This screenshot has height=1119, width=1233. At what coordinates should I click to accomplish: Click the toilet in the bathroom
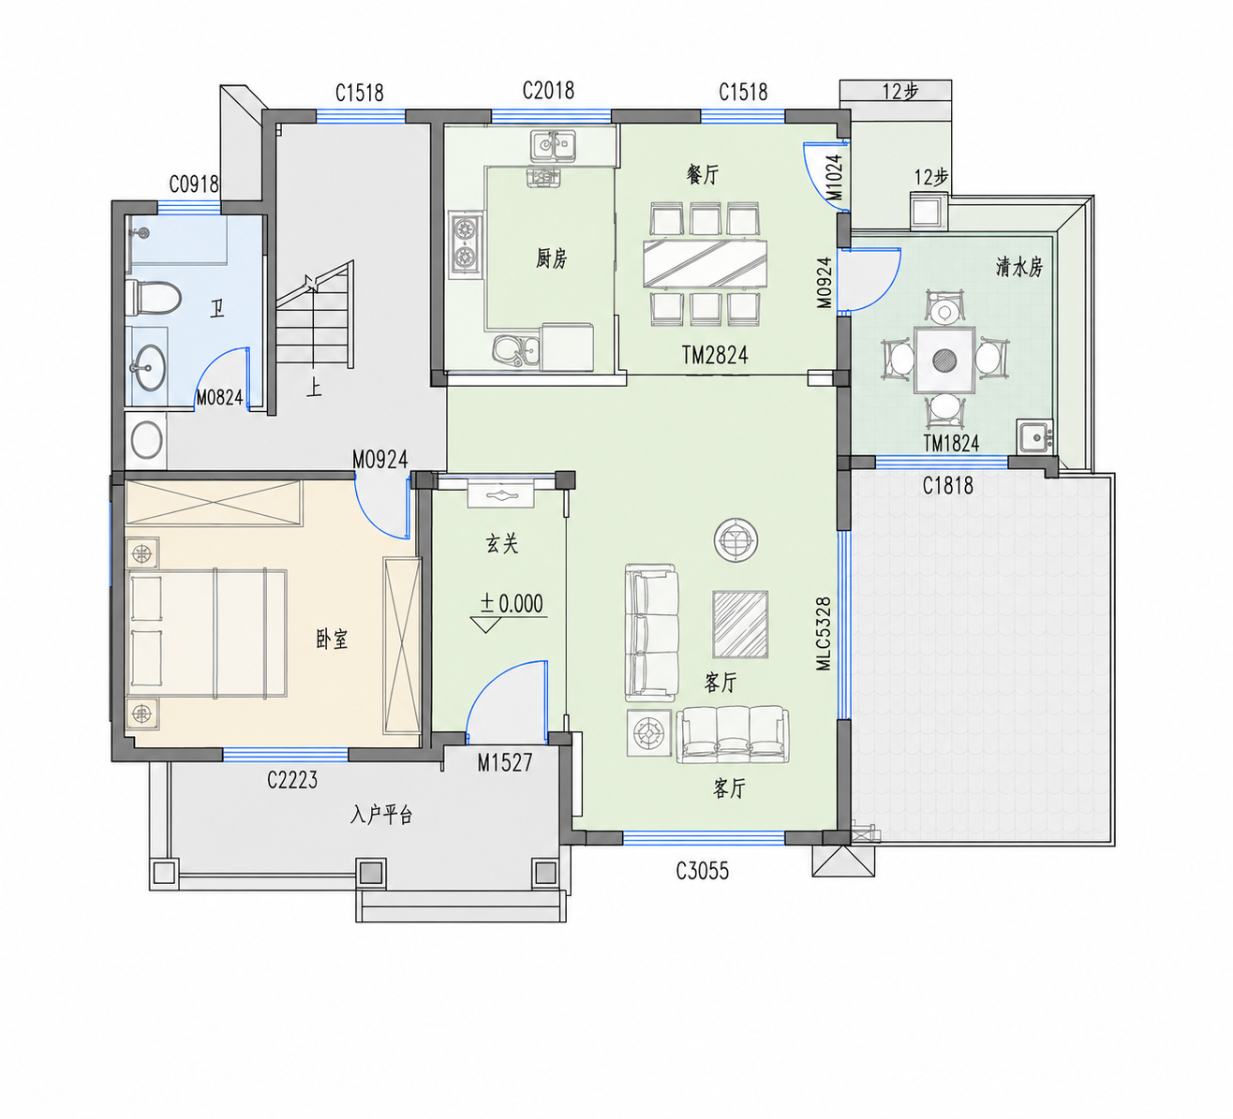tap(153, 298)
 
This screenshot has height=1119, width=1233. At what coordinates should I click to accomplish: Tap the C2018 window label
tap(548, 91)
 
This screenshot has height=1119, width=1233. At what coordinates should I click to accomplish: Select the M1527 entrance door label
tap(505, 762)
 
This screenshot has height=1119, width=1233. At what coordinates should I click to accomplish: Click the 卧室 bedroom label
tap(332, 640)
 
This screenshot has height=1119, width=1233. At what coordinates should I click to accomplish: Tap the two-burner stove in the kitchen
tap(465, 243)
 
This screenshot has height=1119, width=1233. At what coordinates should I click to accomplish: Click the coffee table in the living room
tap(740, 625)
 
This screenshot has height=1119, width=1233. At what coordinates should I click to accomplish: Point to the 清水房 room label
tap(1019, 267)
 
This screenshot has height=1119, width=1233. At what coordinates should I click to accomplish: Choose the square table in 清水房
tap(944, 361)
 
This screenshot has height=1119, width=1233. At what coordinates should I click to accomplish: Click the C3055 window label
tap(702, 871)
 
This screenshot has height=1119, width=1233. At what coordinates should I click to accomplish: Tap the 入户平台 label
tap(381, 815)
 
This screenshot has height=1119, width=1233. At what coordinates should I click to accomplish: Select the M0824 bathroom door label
tap(219, 398)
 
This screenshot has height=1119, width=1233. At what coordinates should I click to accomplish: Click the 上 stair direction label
tap(314, 388)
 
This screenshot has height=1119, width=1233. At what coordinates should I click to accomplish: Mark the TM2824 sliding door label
tap(715, 355)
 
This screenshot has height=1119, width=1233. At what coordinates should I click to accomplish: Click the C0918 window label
tap(194, 184)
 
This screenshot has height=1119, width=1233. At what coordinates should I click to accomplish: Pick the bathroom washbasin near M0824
tap(148, 367)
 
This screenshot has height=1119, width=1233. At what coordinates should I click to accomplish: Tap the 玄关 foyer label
tap(502, 543)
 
